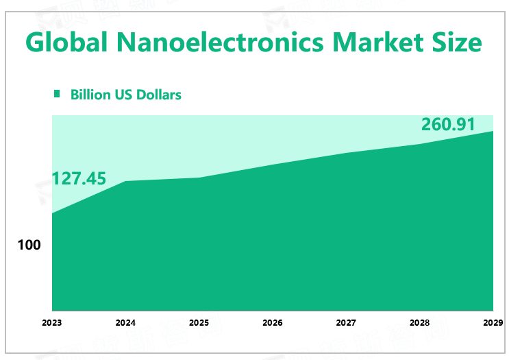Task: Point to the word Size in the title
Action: coord(458,43)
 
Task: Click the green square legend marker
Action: coord(58,94)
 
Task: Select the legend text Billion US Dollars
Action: coord(125,95)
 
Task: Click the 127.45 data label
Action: coord(79,179)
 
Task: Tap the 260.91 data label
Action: coord(447,125)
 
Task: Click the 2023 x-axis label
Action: coord(52,322)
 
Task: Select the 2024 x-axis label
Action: coord(125,322)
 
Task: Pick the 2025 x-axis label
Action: coord(199,322)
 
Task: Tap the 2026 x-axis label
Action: coord(273,322)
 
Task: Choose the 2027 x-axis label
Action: coord(346,322)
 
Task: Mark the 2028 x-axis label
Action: coord(419,322)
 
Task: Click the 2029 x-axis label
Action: coord(493,322)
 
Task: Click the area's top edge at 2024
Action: coord(125,181)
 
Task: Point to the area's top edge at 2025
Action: coord(199,178)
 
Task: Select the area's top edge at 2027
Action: coord(346,153)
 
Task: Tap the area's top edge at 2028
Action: coord(419,144)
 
